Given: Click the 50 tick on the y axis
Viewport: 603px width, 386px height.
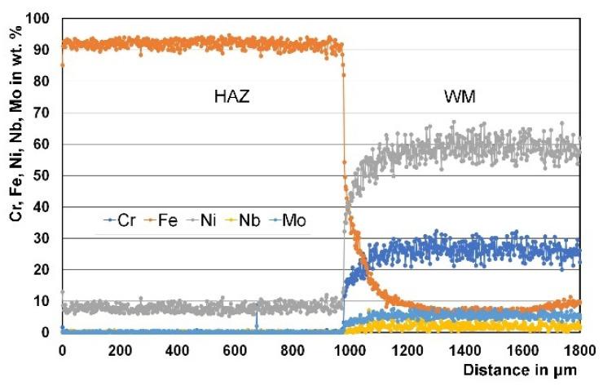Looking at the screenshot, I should click(x=42, y=175).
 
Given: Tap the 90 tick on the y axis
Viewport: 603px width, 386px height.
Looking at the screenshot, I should click(x=42, y=50).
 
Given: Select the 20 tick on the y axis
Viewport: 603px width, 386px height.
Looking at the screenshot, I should click(x=42, y=269).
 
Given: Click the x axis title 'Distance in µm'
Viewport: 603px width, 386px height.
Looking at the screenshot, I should click(x=520, y=369).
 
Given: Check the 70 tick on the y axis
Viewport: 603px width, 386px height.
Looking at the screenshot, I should click(x=42, y=113).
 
